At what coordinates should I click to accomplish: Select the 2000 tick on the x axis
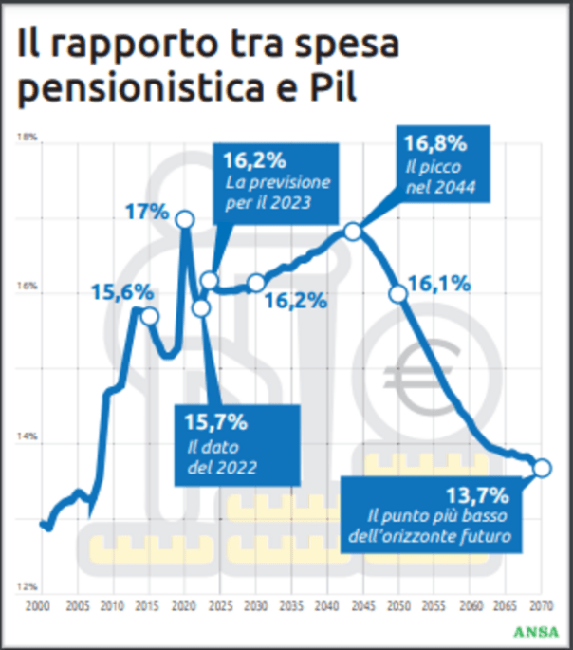pos(37,605)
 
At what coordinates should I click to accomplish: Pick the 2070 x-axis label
pos(542,605)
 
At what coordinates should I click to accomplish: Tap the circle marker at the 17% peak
pos(185,220)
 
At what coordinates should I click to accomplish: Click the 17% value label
pos(147,214)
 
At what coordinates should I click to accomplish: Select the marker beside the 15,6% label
pos(149,316)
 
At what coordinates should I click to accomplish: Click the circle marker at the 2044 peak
pos(353,232)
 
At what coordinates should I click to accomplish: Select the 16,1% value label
pos(439,283)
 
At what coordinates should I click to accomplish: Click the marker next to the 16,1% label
pos(398,293)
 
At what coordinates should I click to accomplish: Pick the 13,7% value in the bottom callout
pos(477,494)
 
